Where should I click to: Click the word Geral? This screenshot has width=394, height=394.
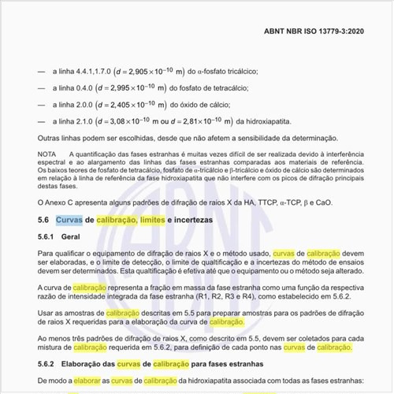coord(72,236)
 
